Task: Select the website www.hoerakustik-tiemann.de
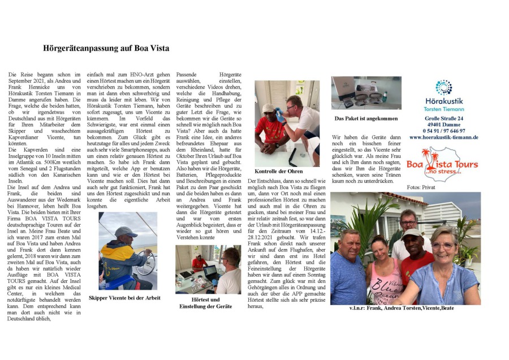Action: [443, 137]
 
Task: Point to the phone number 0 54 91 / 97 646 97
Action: [443, 131]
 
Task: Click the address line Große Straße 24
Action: [443, 118]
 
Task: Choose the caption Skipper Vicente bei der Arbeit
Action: [124, 298]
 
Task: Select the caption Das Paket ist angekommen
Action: [366, 119]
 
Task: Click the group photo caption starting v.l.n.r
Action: [402, 308]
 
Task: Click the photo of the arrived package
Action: [366, 93]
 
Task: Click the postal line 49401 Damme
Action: [443, 125]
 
